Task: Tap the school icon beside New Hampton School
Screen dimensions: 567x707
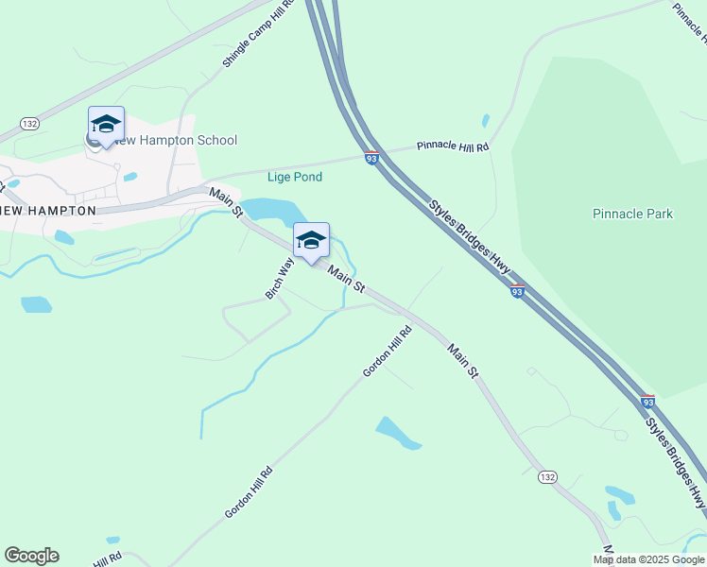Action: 106,126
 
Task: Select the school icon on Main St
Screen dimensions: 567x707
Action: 311,242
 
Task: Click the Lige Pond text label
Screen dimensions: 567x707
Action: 295,177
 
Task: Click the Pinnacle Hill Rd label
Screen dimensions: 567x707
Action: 454,147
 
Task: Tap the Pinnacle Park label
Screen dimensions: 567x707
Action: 632,214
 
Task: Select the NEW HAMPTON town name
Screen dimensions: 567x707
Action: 49,211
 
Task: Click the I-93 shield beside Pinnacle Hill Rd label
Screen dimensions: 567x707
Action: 371,158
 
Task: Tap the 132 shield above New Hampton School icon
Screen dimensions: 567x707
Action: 30,124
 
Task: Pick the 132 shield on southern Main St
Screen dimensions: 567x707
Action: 547,477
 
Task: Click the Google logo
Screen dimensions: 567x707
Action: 31,556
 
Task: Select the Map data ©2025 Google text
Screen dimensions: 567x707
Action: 649,559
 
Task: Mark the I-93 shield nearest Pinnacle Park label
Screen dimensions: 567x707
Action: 517,292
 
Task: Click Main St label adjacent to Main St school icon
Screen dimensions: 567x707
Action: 346,278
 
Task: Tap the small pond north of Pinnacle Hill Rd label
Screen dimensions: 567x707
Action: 486,121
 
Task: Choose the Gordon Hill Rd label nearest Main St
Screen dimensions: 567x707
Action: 388,352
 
